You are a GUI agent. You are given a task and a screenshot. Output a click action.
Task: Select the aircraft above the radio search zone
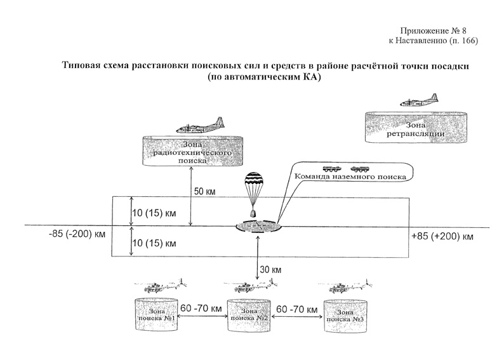point(199,126)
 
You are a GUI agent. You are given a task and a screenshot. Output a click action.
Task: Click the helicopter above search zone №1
point(161,286)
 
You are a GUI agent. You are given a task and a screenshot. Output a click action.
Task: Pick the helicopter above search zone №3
point(347,286)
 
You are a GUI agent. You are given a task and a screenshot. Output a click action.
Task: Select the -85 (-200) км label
point(76,235)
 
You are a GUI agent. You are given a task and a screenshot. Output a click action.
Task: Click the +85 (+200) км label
point(442,236)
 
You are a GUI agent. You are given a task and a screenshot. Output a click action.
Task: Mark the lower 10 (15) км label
point(153,243)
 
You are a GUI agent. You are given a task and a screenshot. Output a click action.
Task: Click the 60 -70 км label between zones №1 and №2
point(201,308)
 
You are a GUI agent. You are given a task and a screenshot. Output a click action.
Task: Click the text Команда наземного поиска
point(354,179)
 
